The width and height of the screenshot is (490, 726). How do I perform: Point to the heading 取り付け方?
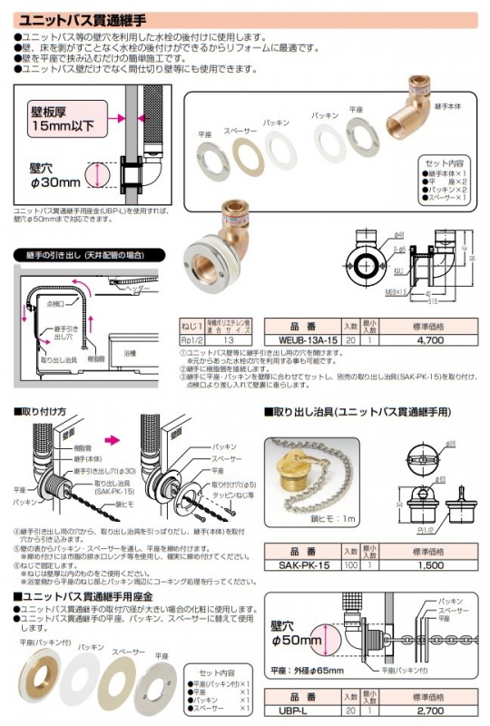[x=44, y=411]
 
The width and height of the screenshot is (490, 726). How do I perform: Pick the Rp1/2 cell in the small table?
[x=193, y=338]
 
